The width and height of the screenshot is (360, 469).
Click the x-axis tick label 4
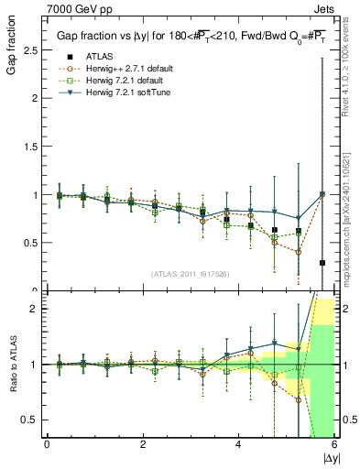(x=238, y=444)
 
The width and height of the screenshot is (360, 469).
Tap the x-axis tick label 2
(x=142, y=444)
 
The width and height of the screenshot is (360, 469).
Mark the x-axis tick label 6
(x=333, y=444)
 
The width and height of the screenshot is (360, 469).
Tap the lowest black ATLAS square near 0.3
(x=322, y=263)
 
